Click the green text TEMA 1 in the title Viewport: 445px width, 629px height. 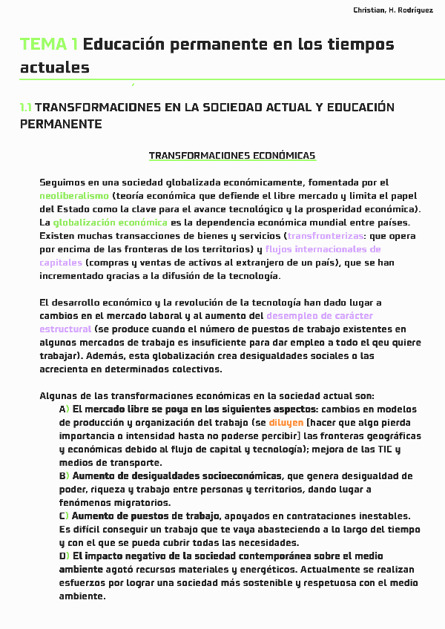(49, 45)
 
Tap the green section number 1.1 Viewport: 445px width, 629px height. (26, 108)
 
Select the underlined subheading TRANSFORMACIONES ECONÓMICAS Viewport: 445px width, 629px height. (232, 156)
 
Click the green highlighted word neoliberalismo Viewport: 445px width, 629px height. (73, 196)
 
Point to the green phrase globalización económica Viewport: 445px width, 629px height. (111, 223)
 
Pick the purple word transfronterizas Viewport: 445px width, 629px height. (326, 236)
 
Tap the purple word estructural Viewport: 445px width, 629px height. (65, 329)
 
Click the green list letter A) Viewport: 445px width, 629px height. (64, 409)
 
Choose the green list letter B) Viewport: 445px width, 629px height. (64, 476)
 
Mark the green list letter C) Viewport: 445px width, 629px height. (64, 516)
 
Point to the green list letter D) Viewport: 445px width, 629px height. (64, 556)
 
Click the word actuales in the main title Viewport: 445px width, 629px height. (55, 67)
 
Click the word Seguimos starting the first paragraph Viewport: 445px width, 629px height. (62, 182)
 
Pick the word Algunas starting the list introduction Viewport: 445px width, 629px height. (59, 396)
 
